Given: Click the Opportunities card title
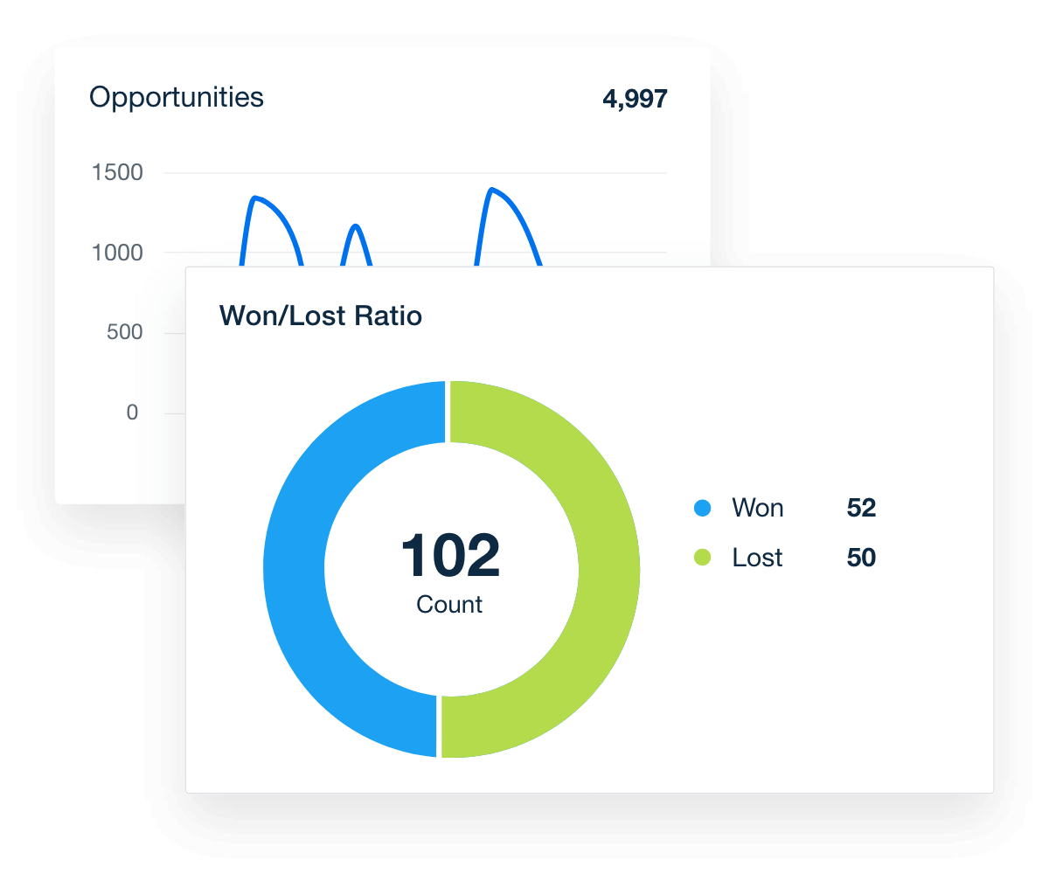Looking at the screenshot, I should [x=176, y=97].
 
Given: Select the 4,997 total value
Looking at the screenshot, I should [x=635, y=99].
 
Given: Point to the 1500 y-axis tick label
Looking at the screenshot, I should [x=117, y=173].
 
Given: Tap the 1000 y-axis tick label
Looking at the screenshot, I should [x=117, y=253].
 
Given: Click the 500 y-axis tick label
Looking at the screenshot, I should [x=123, y=332].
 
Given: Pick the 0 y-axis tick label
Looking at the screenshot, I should [x=132, y=413].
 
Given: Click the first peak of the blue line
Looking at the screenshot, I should [x=254, y=198].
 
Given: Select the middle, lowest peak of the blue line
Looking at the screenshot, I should [x=355, y=226].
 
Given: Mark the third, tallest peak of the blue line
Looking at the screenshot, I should [x=492, y=190].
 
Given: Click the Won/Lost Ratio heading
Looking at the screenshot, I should [x=320, y=316].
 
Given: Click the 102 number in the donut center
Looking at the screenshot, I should [x=450, y=557].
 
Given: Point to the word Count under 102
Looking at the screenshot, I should [x=449, y=605].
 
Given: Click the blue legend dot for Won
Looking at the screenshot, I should [x=702, y=508].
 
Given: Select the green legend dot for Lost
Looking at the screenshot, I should [x=702, y=558].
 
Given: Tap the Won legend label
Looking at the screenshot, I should [x=757, y=508].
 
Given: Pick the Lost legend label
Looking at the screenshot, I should [x=757, y=558].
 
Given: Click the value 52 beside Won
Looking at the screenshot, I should [x=861, y=508].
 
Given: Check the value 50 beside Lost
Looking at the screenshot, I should [x=861, y=558].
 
